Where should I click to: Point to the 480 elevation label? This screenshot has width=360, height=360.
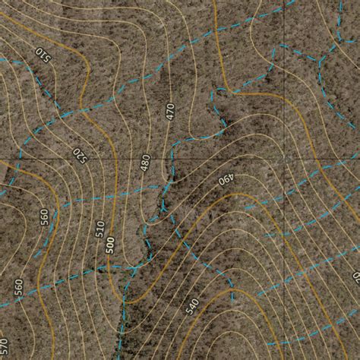[x=144, y=162]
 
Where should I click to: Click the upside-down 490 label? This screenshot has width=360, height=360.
[x=226, y=180]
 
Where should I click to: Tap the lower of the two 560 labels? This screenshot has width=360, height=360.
[x=17, y=287]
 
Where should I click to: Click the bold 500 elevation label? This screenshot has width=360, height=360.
[x=111, y=245]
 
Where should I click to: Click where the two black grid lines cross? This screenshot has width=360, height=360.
[x=287, y=159]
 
